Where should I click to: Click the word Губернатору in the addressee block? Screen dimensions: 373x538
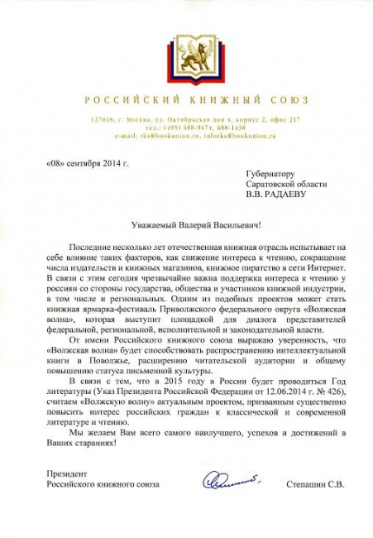pyautogui.click(x=270, y=174)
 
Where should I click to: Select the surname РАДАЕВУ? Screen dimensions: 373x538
pyautogui.click(x=297, y=196)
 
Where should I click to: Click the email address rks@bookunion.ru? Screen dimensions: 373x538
pyautogui.click(x=161, y=135)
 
